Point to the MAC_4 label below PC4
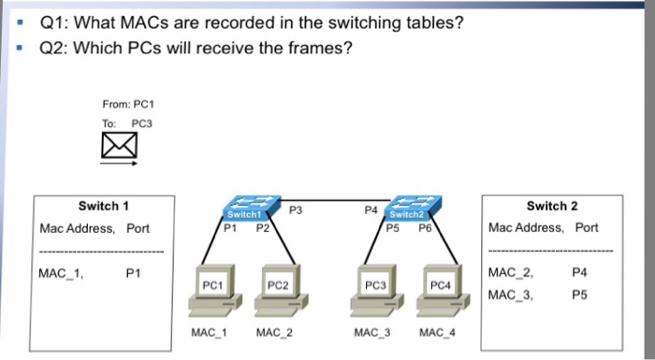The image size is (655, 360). point(437,332)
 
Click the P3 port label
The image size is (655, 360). point(296,209)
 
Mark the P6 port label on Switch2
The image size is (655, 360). point(426,225)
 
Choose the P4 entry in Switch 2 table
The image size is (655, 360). point(580,274)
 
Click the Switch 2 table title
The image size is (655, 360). point(552,206)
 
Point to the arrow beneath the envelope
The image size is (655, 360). point(121,163)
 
